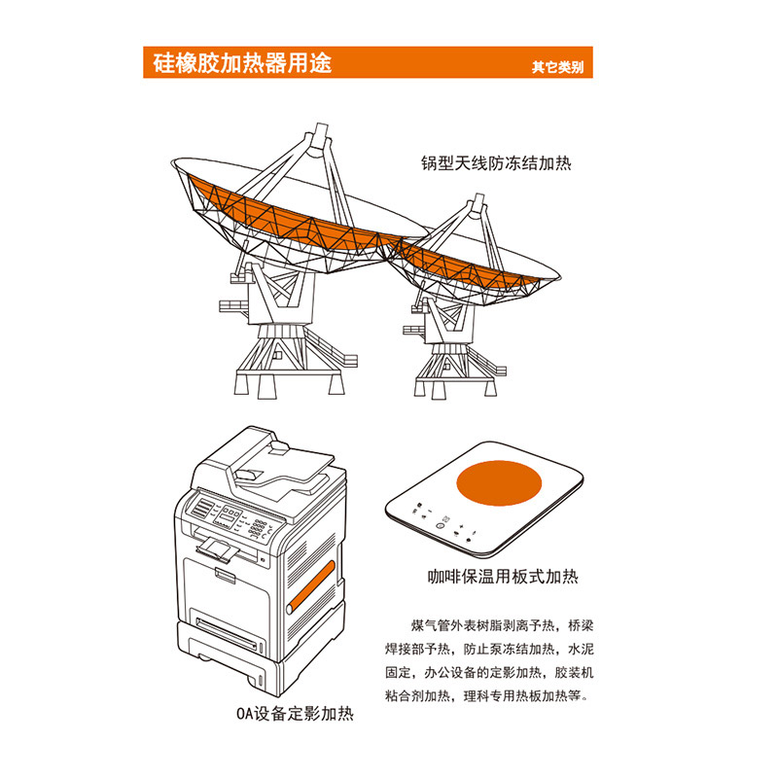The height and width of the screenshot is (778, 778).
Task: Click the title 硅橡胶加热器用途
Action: [x=242, y=63]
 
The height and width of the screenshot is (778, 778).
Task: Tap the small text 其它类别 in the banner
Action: [x=557, y=67]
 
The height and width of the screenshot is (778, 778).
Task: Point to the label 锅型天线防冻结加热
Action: [x=496, y=163]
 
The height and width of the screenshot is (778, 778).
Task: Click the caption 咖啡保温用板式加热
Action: [x=503, y=577]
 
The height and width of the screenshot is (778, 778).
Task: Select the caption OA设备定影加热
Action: [x=295, y=714]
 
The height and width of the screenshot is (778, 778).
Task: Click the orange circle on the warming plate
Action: [x=499, y=482]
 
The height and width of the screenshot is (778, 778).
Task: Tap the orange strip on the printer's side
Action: [x=311, y=587]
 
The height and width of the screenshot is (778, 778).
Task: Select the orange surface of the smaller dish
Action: [x=472, y=268]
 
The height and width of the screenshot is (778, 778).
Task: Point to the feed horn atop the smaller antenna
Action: [x=477, y=204]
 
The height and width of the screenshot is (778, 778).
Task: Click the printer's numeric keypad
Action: [x=257, y=527]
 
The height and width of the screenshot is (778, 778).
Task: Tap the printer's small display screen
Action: [x=228, y=515]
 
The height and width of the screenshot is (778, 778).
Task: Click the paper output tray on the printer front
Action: [x=218, y=549]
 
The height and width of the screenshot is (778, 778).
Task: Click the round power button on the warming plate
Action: [x=440, y=525]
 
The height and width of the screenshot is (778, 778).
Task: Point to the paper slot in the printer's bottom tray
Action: [x=227, y=634]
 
